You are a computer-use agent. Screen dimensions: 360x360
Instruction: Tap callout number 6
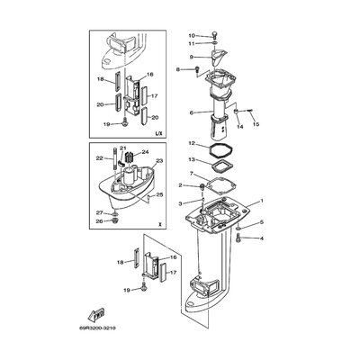(192, 112)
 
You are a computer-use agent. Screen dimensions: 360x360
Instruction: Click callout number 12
(192, 144)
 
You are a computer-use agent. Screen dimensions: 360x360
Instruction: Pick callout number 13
(192, 159)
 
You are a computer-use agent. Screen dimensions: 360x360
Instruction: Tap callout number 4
(262, 239)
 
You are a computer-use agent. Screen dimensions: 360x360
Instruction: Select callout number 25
(161, 193)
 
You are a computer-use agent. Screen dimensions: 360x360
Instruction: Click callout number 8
(180, 69)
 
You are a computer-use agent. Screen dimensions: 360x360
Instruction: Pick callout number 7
(192, 173)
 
